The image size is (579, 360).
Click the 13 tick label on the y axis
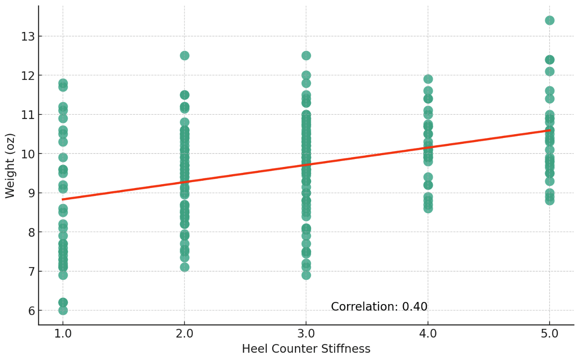pos(28,37)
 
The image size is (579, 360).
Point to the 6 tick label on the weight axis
pos(31,311)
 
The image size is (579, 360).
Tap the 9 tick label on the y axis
pos(31,193)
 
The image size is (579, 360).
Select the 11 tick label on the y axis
pos(28,115)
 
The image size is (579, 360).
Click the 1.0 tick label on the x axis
pos(63,334)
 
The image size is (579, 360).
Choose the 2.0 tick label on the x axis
pos(185,334)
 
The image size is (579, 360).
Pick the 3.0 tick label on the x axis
pos(306,334)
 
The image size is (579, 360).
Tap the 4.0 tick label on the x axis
pos(428,334)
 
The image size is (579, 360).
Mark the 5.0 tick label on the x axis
pos(550,334)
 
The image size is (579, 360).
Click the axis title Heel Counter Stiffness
pos(306,349)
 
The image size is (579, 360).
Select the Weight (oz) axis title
pos(10,166)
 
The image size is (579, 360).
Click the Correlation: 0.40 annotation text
pos(379,307)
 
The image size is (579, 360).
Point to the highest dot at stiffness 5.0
pos(550,21)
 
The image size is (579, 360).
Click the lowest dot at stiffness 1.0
pos(63,310)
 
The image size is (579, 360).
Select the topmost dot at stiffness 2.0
pos(185,56)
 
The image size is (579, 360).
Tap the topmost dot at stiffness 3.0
pos(306,56)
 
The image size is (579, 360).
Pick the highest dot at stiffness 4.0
pos(428,79)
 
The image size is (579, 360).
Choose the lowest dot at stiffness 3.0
pos(306,275)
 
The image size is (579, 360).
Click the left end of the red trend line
pos(62,199)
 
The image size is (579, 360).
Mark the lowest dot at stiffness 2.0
pos(185,267)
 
